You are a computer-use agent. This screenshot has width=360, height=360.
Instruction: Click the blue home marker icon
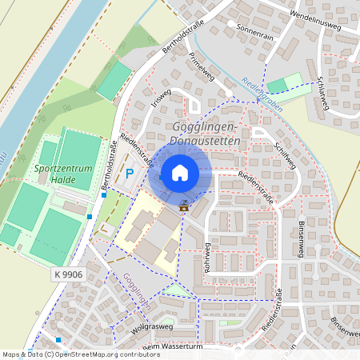tap(180, 173)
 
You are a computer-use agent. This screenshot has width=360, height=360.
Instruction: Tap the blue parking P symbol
tap(129, 174)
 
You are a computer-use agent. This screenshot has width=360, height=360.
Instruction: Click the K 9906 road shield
tap(69, 274)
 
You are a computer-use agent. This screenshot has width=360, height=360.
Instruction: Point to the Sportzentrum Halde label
tap(64, 174)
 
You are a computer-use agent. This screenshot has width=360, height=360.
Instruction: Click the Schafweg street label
tap(322, 95)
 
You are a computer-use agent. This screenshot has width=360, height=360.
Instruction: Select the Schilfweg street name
tap(285, 153)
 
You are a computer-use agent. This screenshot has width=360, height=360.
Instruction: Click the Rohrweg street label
tap(206, 258)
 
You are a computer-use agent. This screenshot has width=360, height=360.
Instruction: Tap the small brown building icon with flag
tap(185, 206)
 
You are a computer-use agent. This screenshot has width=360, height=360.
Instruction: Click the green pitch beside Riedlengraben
tap(277, 86)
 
